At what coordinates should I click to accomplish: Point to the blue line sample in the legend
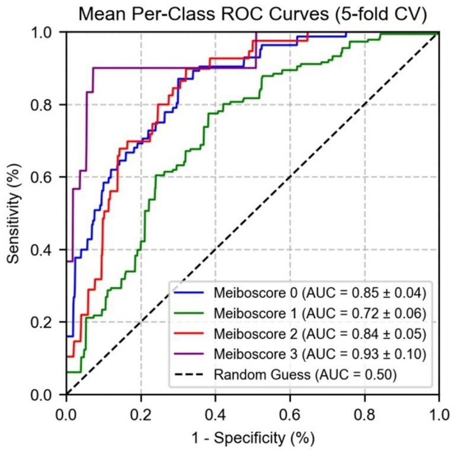(x=188, y=292)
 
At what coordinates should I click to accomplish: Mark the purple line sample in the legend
(x=188, y=354)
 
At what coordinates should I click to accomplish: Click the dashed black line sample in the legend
(x=188, y=374)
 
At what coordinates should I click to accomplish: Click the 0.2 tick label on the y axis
(x=49, y=322)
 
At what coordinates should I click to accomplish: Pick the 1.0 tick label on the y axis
(x=49, y=33)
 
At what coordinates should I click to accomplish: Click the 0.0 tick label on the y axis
(x=49, y=395)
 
